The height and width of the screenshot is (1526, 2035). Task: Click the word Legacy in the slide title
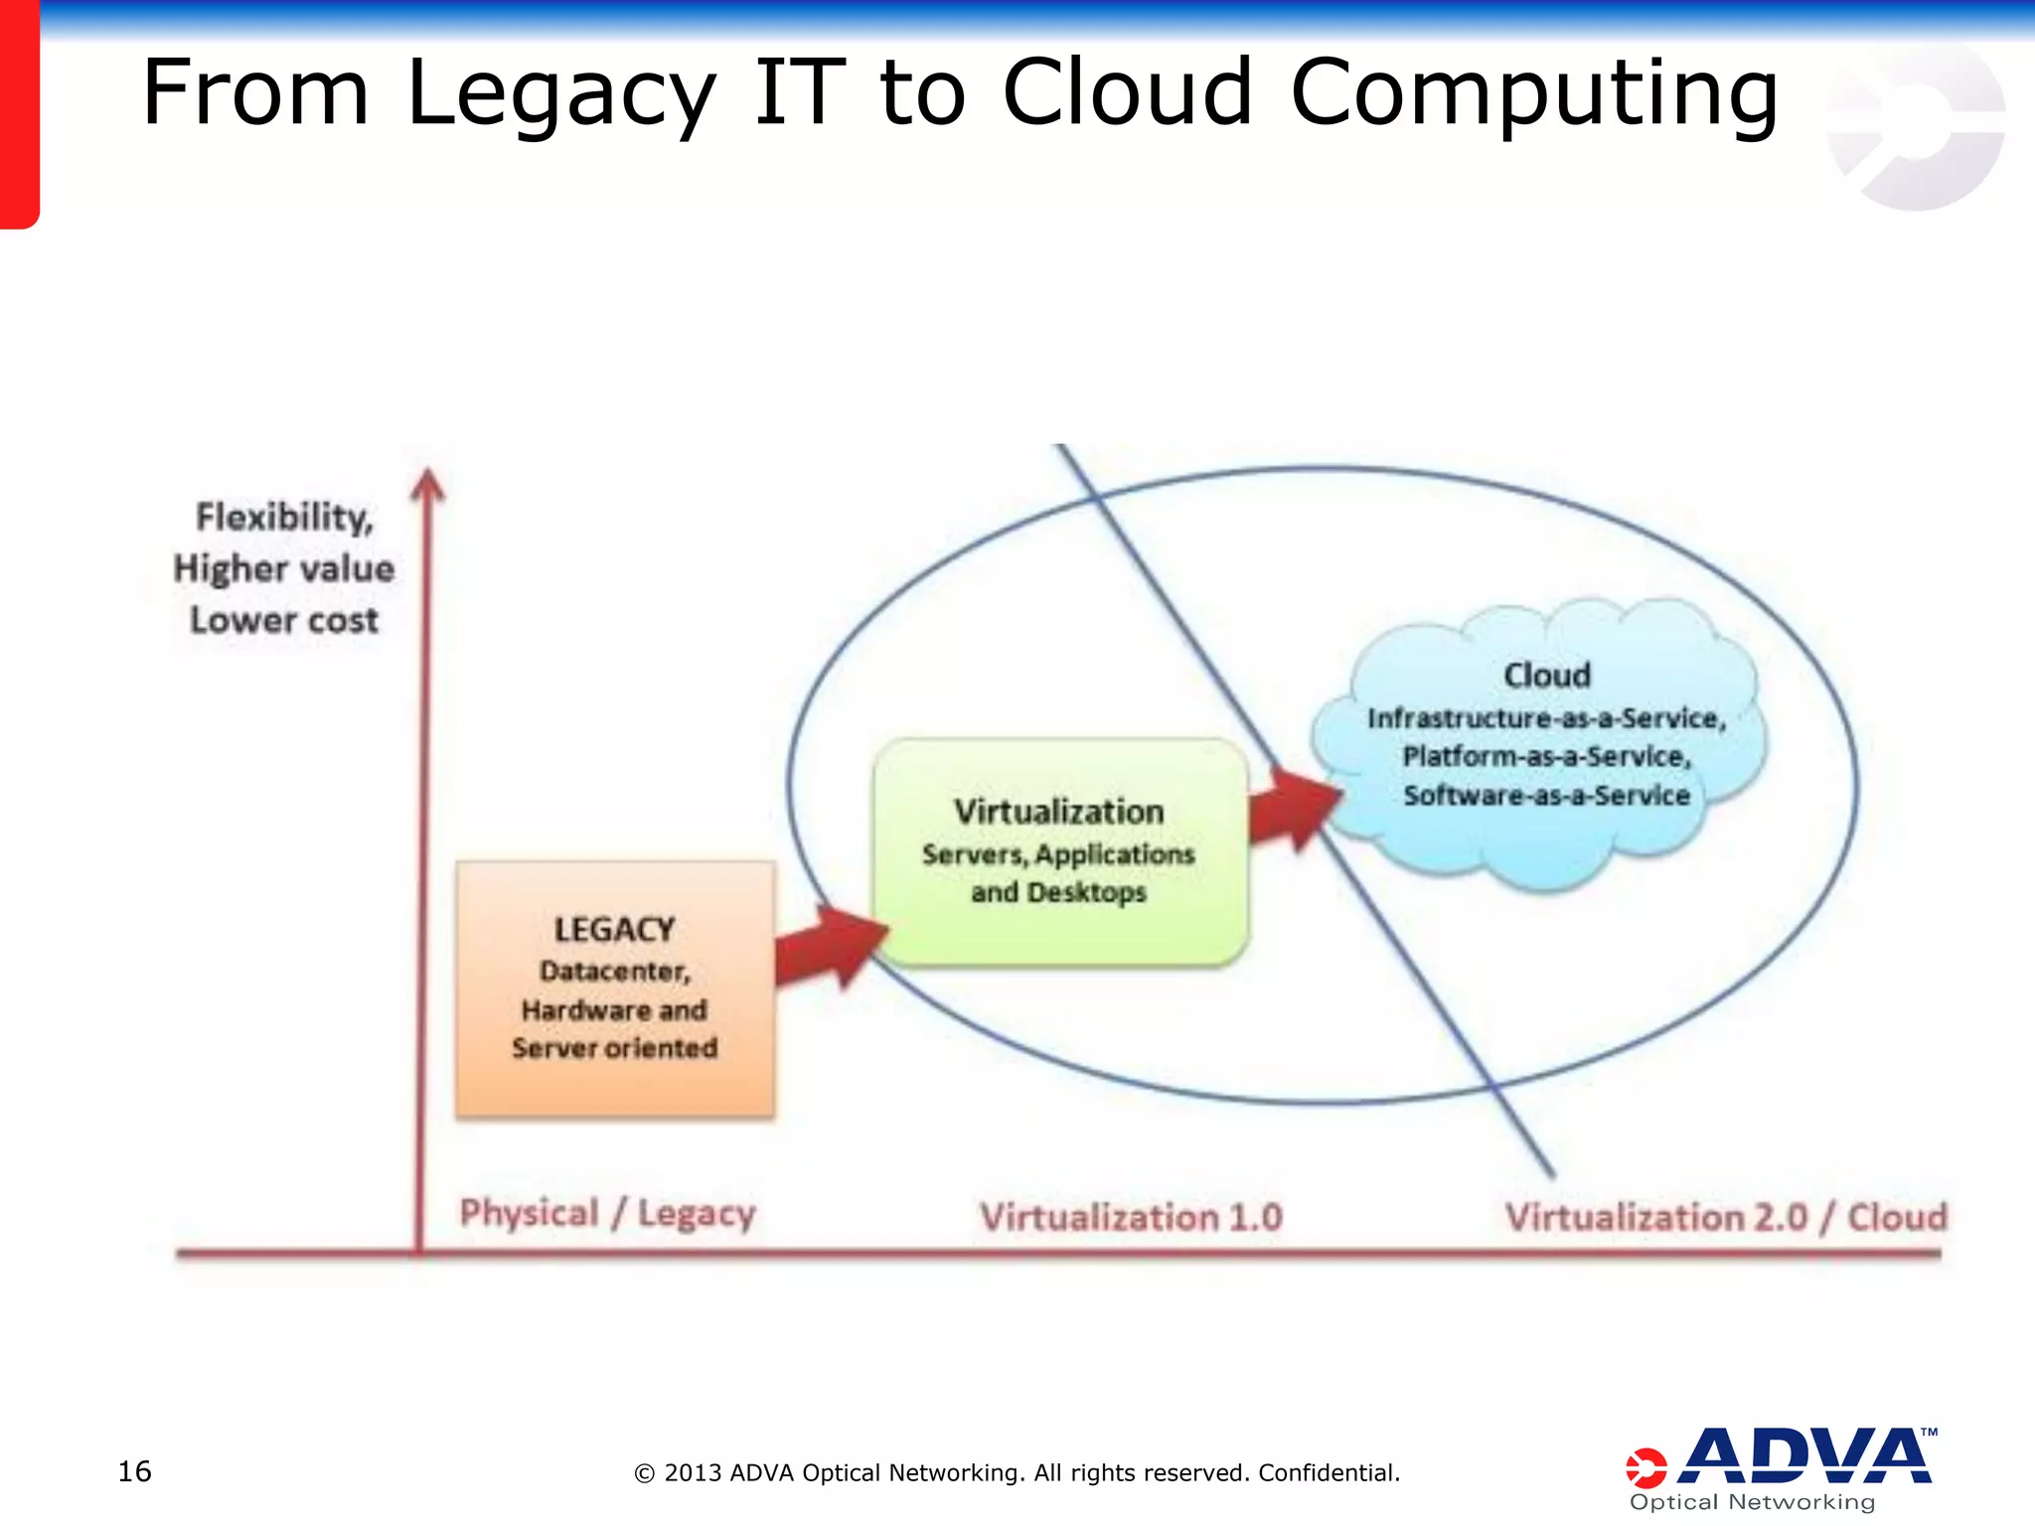click(561, 94)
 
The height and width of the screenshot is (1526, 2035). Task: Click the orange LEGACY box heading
click(614, 930)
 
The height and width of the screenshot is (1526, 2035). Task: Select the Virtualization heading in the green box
click(1058, 812)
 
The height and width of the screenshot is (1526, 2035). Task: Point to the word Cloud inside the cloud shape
click(1546, 676)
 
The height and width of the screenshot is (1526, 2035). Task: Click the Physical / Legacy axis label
click(607, 1214)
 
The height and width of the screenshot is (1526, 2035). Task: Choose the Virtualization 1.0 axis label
click(1131, 1217)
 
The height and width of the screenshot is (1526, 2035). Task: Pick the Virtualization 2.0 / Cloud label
click(1725, 1217)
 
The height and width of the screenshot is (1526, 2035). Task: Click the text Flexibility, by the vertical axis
click(284, 518)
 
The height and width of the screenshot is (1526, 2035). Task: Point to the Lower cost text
click(284, 620)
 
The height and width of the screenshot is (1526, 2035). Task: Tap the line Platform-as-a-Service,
click(1546, 757)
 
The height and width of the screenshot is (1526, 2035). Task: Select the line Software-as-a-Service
click(1546, 796)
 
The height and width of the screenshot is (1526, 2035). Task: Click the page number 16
click(134, 1471)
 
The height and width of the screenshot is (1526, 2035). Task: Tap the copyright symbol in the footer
click(644, 1473)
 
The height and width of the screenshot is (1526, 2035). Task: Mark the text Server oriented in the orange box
click(614, 1048)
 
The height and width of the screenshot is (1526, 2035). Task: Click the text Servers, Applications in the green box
click(1058, 854)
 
